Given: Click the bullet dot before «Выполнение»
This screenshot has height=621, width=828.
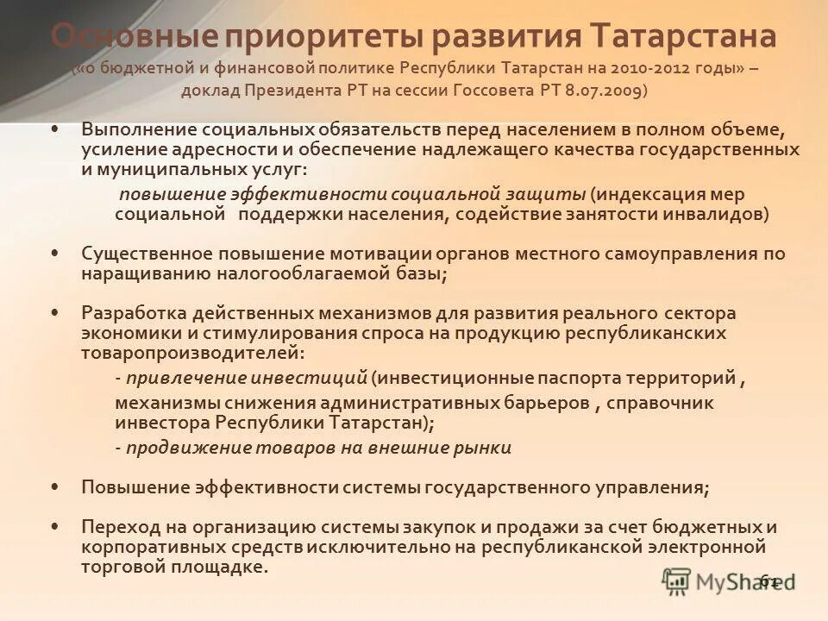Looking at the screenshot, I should (x=55, y=129).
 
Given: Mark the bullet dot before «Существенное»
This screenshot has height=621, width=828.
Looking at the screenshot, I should (x=55, y=254).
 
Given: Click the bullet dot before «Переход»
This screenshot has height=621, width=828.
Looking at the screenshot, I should (x=55, y=525).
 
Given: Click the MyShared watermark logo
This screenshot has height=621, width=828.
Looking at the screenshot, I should (x=729, y=583).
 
